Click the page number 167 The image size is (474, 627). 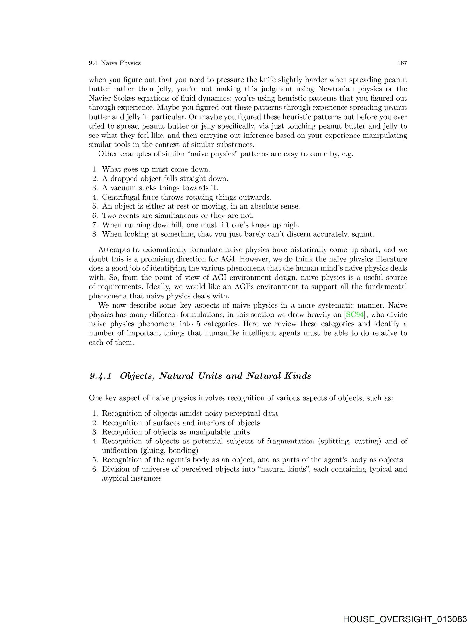pos(402,63)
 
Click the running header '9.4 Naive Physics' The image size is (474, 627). pos(115,63)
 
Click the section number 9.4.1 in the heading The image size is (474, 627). pos(100,376)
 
